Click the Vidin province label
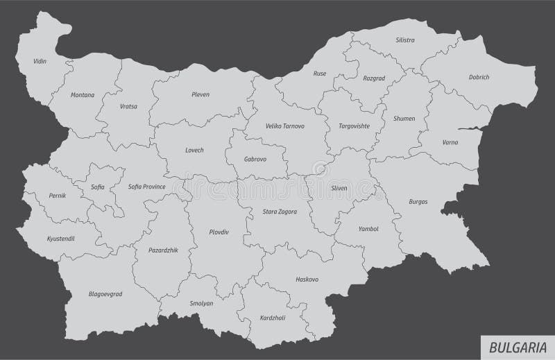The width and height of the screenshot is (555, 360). [40, 62]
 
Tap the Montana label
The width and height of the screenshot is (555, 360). [83, 95]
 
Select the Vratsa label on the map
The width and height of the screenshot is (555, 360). [128, 107]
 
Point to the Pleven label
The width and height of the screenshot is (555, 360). [200, 94]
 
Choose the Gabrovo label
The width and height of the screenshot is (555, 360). [255, 159]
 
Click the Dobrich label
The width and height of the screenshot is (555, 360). [479, 78]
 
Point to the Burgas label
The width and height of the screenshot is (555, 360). [418, 202]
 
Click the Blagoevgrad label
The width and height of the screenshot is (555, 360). [105, 293]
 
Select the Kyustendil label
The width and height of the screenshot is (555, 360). [60, 238]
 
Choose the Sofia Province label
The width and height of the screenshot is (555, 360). [146, 186]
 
